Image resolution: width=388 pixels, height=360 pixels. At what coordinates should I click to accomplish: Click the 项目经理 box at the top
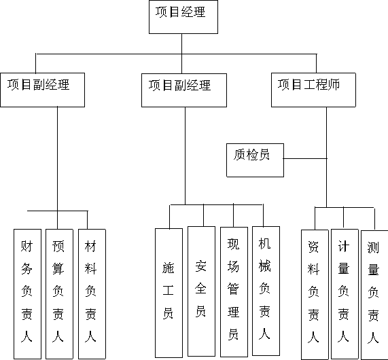pos(183,17)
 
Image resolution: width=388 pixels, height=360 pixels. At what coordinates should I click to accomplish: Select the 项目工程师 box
pos(313,90)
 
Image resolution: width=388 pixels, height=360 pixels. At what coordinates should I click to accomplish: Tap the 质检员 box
pos(255,160)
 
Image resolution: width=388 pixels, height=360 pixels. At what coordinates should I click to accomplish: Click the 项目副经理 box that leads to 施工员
pos(184,90)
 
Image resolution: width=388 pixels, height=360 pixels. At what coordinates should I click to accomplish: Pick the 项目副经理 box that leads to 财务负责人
pos(43,90)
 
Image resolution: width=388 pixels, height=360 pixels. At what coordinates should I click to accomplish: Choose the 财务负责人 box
pos(27,294)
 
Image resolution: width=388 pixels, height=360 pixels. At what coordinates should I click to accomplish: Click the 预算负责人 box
pos(59,294)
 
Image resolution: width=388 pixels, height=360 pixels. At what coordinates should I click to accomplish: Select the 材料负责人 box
pos(92,294)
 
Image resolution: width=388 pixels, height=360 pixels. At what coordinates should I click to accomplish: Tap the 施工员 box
pos(169,293)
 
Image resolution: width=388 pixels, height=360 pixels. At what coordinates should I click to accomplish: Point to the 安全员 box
pos(201,291)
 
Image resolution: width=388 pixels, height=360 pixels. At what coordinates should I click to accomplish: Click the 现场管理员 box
pos(234,292)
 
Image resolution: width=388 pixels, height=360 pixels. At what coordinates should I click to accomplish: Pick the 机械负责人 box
pos(266,291)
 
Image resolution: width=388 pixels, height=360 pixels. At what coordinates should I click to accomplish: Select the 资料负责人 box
pos(315,295)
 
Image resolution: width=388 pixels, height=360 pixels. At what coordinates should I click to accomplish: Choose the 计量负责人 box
pos(345,294)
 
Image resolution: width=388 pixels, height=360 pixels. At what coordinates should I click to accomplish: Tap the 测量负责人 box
pos(374,295)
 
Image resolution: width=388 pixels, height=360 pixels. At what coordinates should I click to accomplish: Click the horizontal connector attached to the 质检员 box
pos(305,158)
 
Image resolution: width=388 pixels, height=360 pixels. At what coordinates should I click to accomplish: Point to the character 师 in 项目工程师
pos(334,85)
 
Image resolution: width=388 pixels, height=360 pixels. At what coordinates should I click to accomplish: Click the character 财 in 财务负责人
pos(27,246)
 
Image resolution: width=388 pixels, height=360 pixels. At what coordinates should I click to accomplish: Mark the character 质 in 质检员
pos(239,154)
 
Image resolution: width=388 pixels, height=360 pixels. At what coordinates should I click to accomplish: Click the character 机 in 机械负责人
pos(264,243)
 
